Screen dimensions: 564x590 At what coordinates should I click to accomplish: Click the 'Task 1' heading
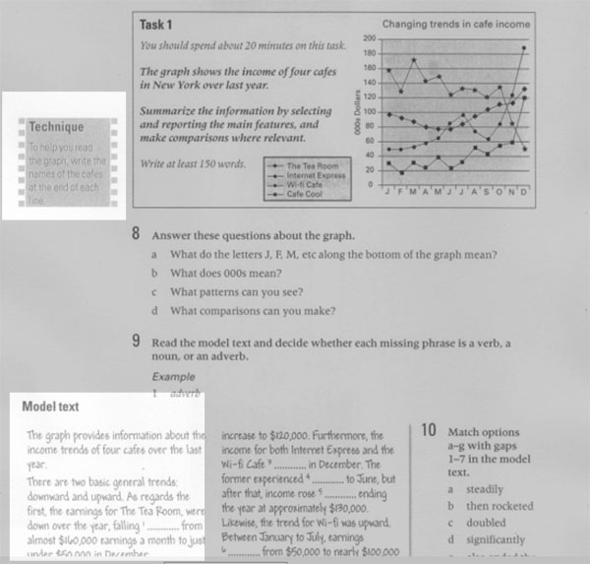tap(156, 25)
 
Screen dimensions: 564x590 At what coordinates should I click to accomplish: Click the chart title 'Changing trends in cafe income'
tap(455, 23)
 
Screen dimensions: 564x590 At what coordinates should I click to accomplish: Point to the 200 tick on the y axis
tap(369, 36)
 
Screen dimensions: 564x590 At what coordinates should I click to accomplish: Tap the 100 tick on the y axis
tap(369, 111)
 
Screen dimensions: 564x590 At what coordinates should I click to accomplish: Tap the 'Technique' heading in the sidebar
tap(55, 127)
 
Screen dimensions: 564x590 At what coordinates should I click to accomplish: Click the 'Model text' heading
tap(51, 405)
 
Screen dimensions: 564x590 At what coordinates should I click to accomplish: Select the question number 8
tap(136, 235)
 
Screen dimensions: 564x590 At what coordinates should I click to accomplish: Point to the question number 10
tap(428, 431)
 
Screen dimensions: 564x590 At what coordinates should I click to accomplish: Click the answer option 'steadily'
tap(486, 489)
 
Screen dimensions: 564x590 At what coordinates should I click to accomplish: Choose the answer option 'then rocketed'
tap(499, 506)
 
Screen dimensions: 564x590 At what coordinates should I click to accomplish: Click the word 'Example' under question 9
tap(172, 376)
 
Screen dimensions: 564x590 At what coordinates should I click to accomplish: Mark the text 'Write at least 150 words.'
tap(192, 162)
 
